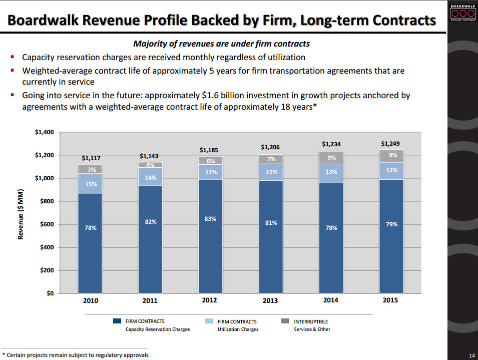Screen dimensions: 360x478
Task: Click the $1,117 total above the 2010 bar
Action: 91,158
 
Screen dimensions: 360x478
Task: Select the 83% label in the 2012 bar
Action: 210,219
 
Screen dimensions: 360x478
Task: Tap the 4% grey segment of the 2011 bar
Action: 150,165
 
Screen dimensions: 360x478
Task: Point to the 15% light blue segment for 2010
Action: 91,184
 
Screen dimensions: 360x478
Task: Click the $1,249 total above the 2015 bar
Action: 390,144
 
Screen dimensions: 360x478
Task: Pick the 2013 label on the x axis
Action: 270,300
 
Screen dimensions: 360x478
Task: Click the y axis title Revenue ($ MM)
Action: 21,214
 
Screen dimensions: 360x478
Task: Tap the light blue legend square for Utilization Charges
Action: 209,321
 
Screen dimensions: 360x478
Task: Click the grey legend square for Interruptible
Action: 286,321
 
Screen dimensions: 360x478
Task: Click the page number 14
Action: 471,355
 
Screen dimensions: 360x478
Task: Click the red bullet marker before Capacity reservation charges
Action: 11,58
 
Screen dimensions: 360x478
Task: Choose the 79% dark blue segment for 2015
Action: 391,224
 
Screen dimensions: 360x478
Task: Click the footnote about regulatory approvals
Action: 76,355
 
